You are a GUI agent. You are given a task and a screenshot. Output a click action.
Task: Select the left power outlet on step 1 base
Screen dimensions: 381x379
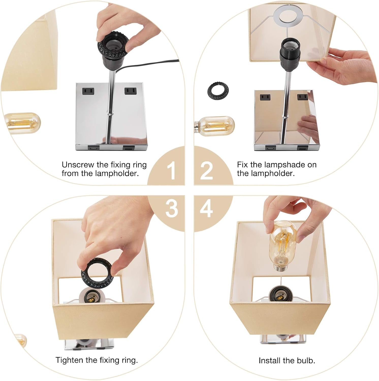coord(88,91)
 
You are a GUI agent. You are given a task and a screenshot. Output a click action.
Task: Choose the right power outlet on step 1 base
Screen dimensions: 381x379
coord(131,91)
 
